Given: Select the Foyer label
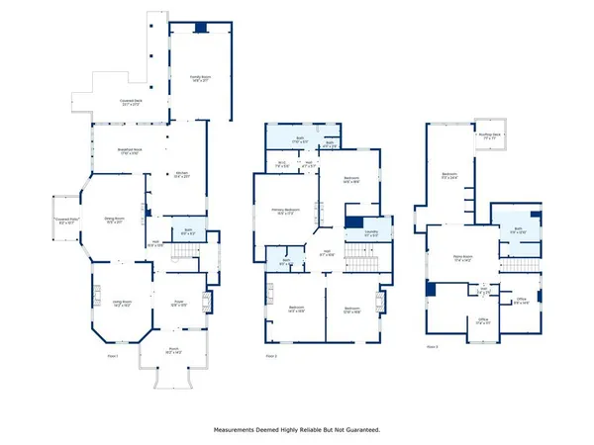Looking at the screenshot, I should click(x=179, y=304).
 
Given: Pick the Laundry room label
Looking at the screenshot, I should click(x=371, y=235).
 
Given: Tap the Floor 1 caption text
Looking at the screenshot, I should click(x=112, y=356).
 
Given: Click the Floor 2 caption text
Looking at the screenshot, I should click(x=271, y=356).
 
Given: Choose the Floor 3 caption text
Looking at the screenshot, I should click(x=432, y=347).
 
